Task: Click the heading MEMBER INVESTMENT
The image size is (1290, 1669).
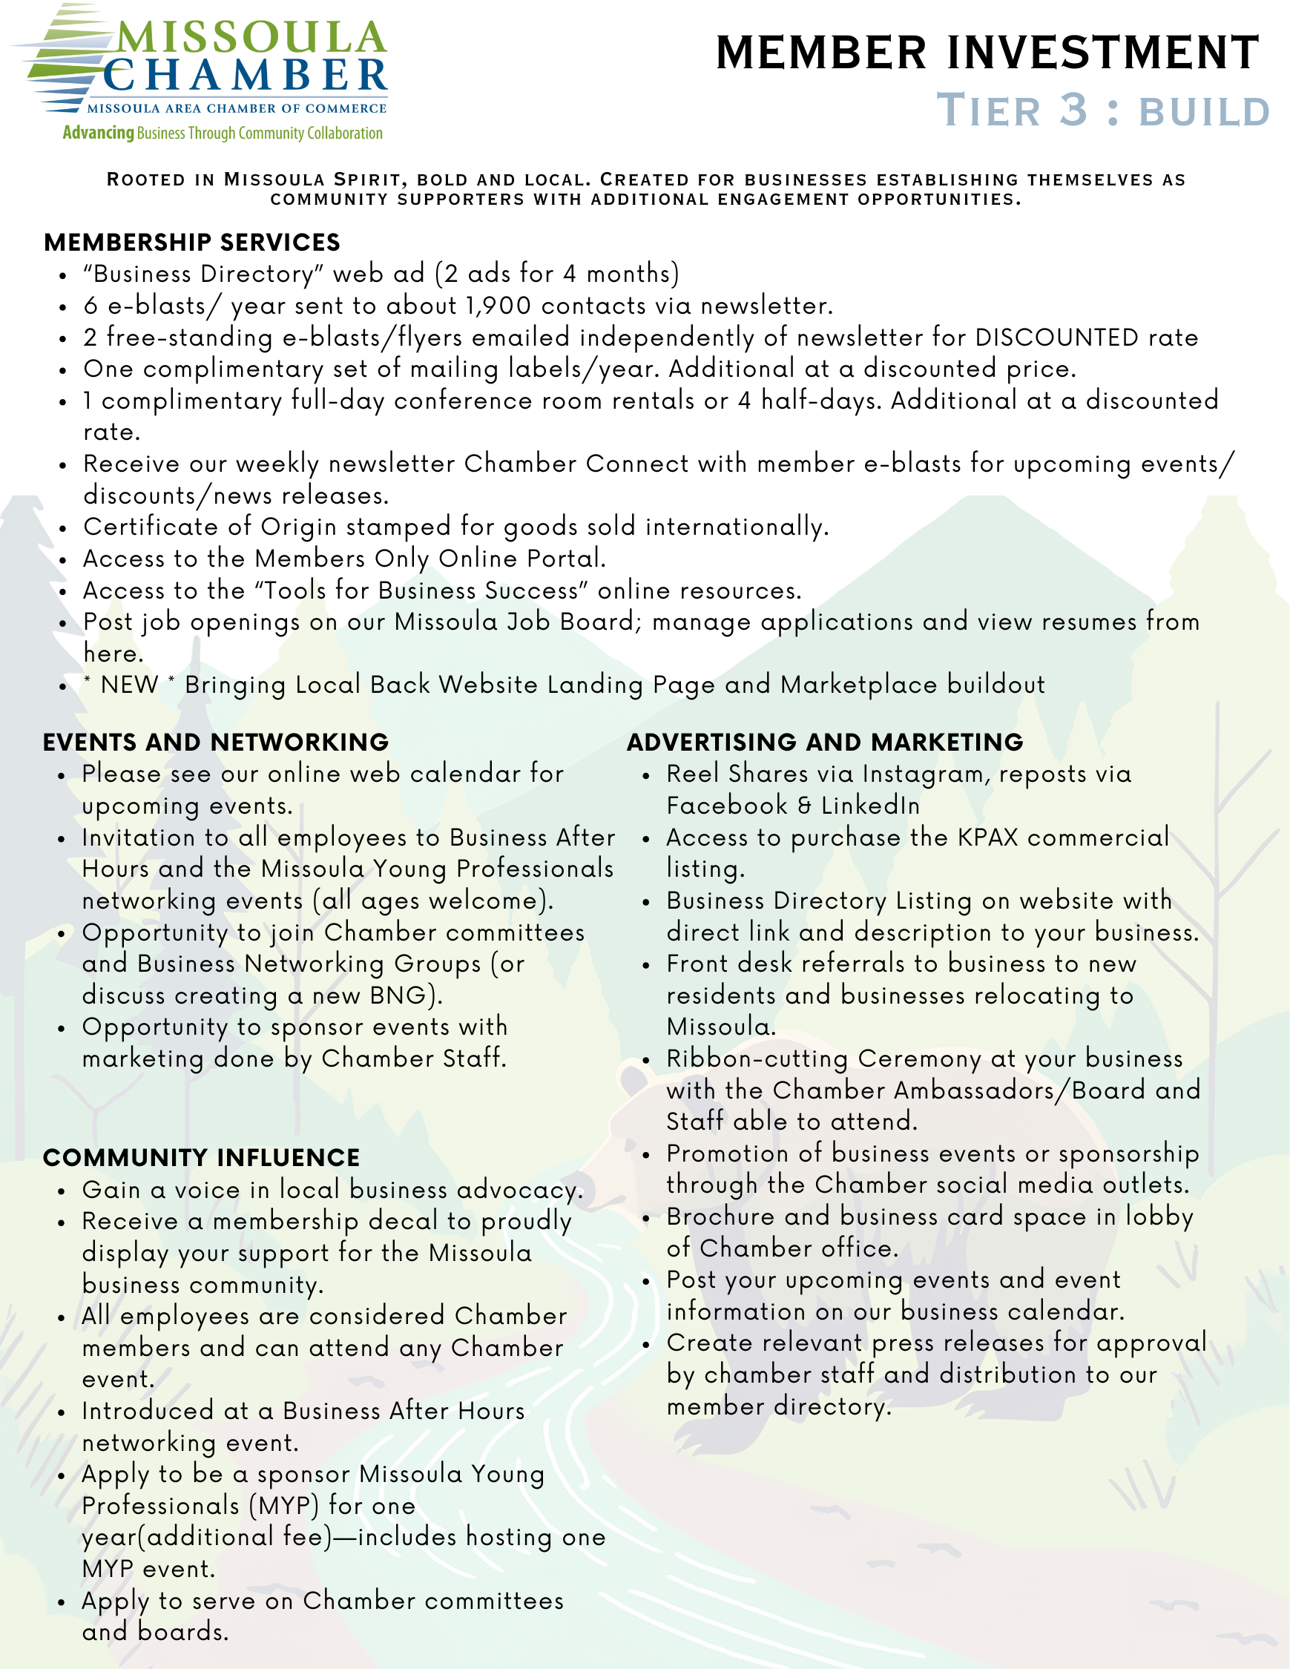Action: click(x=987, y=53)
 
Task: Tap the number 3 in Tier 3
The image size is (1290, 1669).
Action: click(x=1073, y=110)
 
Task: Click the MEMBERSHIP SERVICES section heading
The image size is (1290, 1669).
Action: click(x=192, y=243)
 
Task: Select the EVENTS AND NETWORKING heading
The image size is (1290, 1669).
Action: click(x=216, y=742)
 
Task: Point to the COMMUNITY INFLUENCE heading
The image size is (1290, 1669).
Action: click(x=201, y=1158)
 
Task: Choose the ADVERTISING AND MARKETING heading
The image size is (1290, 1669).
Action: click(x=825, y=742)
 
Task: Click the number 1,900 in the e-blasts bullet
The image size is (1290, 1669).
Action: click(x=498, y=306)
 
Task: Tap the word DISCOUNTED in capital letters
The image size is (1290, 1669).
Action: click(x=1057, y=337)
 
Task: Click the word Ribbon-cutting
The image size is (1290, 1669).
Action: click(x=757, y=1059)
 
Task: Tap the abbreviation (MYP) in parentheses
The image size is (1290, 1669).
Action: click(x=283, y=1506)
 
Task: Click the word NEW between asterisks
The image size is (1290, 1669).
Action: click(x=129, y=685)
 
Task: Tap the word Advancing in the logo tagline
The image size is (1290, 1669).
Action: click(x=98, y=133)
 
